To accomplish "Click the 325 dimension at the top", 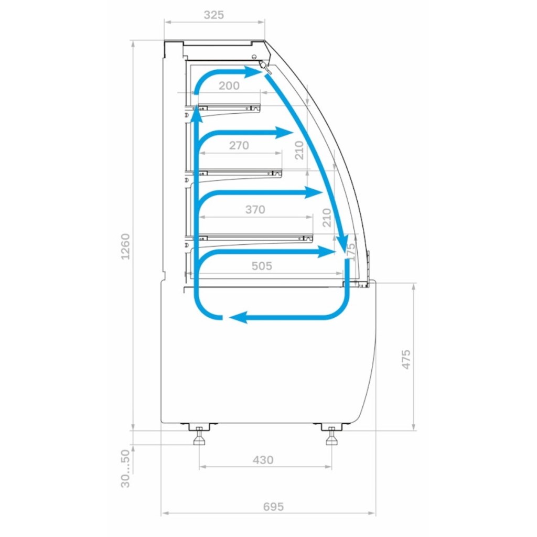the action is pyautogui.click(x=214, y=15).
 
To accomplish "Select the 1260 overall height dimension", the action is pyautogui.click(x=126, y=246).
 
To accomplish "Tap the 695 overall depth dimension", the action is pyautogui.click(x=273, y=507).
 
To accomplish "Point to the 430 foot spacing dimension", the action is pyautogui.click(x=263, y=459).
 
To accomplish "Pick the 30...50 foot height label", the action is pyautogui.click(x=126, y=468).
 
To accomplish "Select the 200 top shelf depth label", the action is pyautogui.click(x=229, y=85).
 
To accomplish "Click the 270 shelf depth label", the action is pyautogui.click(x=239, y=146).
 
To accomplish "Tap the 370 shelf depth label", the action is pyautogui.click(x=255, y=209).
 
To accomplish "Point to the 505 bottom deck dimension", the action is pyautogui.click(x=262, y=266).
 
